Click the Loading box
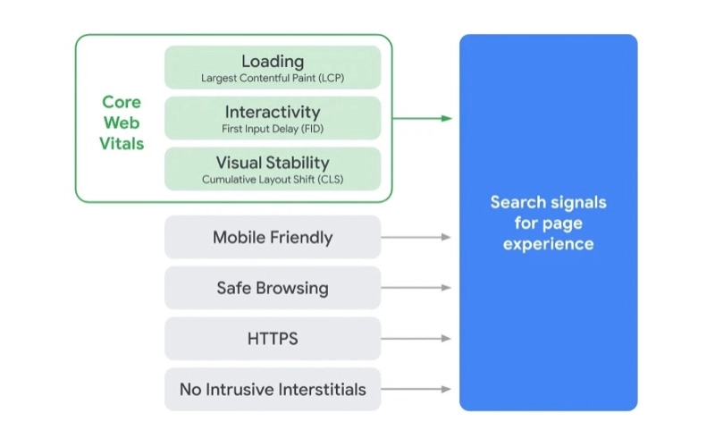(273, 67)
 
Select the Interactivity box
(273, 118)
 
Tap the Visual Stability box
(273, 169)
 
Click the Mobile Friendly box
(273, 237)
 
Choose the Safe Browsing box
(273, 288)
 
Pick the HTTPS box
(273, 339)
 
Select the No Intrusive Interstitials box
(273, 389)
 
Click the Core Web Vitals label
(122, 122)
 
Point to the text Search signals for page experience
(548, 223)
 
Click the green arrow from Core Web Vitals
(422, 118)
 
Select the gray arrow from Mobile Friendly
(416, 237)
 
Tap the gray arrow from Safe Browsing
(416, 288)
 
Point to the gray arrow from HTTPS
(416, 339)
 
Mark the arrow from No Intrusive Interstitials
(416, 389)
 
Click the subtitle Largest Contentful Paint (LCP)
(273, 79)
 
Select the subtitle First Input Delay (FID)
(273, 130)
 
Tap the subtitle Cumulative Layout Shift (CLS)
(273, 180)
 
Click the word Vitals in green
(122, 143)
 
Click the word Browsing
(293, 288)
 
